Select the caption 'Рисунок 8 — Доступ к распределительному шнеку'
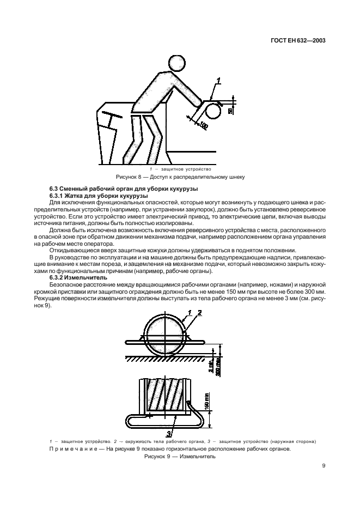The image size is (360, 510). click(180, 177)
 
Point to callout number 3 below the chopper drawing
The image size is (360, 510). click(169, 434)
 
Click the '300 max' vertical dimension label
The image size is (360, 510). click(218, 364)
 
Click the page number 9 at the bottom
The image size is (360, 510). click(324, 465)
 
